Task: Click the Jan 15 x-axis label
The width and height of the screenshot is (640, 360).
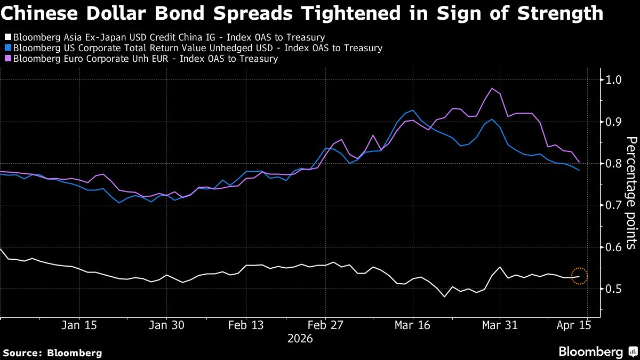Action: coord(79,325)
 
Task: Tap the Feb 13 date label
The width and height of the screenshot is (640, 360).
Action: coord(246,325)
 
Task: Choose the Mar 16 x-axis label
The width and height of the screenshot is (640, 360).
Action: coord(413,325)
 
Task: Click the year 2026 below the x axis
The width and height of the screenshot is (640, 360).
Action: coord(300,339)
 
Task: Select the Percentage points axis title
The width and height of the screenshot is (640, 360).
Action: coord(630,193)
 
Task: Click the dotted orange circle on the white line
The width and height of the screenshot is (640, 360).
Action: coord(579,276)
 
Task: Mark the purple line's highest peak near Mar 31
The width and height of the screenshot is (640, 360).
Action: coord(491,89)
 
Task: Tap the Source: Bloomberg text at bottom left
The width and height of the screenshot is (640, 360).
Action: coord(52,353)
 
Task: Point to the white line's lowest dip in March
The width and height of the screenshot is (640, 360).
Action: coord(444,297)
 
